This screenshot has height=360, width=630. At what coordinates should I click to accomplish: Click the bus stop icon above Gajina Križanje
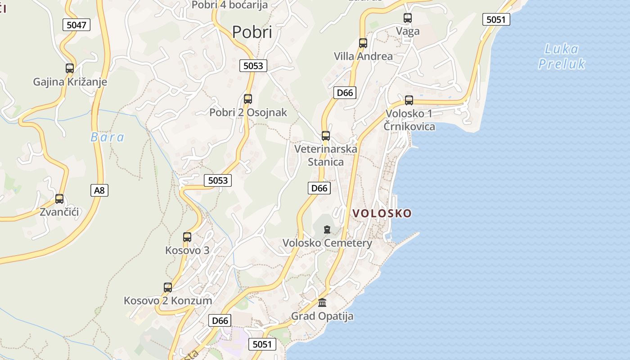[70, 68]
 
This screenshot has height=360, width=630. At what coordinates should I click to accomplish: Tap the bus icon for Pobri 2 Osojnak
[247, 99]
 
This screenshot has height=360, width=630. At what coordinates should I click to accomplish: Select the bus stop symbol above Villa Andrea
[363, 43]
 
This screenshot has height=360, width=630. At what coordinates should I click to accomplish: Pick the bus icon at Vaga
[408, 18]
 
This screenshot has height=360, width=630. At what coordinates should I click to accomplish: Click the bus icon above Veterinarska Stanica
[326, 135]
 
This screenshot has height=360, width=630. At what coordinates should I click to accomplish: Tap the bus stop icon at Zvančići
[59, 198]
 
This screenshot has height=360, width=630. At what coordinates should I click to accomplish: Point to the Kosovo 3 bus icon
[187, 237]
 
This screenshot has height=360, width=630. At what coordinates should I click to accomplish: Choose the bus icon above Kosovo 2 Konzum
[168, 287]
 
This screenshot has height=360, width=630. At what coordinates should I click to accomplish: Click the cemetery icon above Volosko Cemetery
[327, 229]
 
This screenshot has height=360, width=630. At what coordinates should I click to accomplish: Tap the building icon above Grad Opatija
[322, 302]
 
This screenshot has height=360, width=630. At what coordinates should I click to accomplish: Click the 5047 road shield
[76, 25]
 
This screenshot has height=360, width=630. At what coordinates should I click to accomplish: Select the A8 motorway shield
[99, 190]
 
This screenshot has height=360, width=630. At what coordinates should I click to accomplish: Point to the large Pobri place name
[252, 32]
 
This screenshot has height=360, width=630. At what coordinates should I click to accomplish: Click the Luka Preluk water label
[562, 56]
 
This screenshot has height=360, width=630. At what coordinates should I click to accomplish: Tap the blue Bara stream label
[108, 137]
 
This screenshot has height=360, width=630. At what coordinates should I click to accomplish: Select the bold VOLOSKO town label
[382, 213]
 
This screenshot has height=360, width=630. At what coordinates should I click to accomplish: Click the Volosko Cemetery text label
[327, 243]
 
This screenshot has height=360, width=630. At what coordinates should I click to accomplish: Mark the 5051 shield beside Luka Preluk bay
[496, 19]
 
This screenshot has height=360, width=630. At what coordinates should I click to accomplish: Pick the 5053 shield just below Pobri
[253, 66]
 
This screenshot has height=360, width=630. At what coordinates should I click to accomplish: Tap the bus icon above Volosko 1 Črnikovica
[409, 100]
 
